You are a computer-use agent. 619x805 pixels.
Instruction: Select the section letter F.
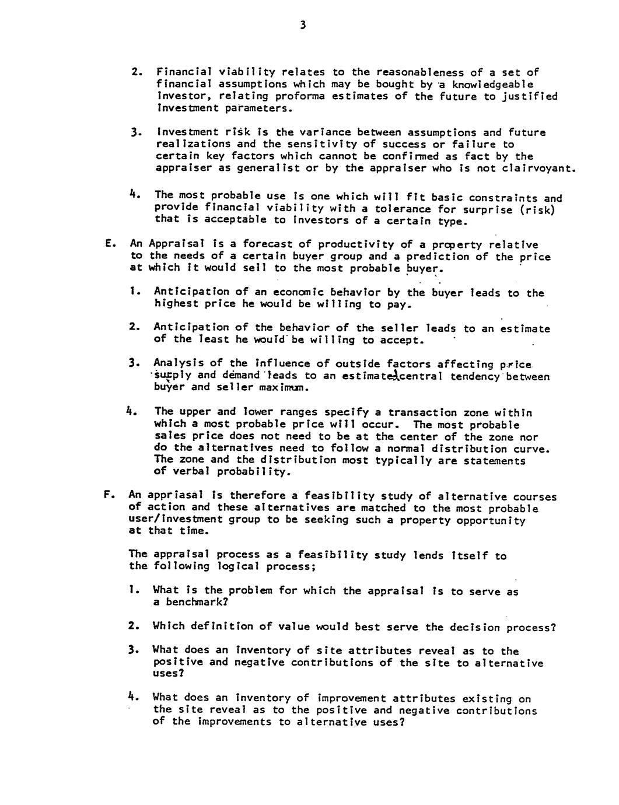(x=107, y=496)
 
